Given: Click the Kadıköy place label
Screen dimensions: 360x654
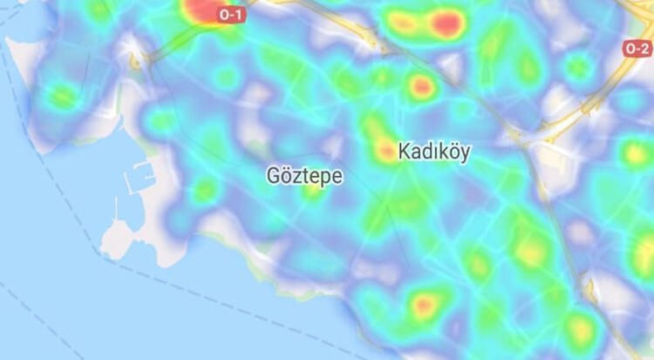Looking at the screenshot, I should (433, 152).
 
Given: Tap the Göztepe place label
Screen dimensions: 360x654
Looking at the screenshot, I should (304, 176).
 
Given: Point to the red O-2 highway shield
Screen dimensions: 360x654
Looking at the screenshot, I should (637, 50).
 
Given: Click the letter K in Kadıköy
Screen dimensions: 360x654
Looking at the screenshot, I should (405, 152).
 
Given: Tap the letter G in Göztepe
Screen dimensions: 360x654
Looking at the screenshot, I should (273, 176).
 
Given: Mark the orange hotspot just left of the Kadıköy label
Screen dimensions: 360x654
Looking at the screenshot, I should (385, 152).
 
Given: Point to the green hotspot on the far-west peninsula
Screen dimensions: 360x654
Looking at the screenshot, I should (61, 97).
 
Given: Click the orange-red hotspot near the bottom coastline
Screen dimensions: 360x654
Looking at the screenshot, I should (425, 305).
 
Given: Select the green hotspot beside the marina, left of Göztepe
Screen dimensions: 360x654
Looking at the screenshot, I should (205, 189).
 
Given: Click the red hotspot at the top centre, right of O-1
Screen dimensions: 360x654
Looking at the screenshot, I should (446, 24).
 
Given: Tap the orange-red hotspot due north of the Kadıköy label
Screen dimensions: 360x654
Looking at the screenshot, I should (422, 86).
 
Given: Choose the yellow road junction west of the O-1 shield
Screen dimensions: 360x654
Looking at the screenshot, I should (137, 60).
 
